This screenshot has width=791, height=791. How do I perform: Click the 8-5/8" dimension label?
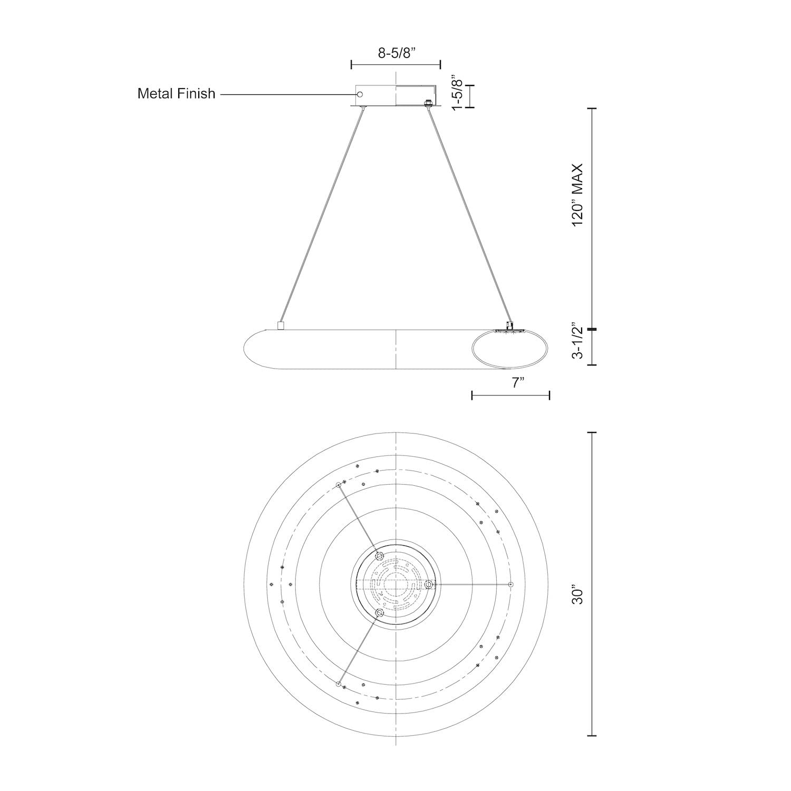click(x=395, y=53)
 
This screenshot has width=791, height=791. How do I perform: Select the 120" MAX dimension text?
click(x=578, y=195)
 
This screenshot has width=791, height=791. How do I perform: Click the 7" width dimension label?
click(x=517, y=383)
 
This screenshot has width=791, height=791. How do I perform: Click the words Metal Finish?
click(x=176, y=94)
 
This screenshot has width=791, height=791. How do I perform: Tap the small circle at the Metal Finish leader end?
click(x=360, y=94)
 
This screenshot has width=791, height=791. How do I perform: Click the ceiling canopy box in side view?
click(x=395, y=95)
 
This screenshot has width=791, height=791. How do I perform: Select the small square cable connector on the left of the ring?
click(x=281, y=325)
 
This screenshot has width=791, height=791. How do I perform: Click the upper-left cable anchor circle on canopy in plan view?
click(x=379, y=556)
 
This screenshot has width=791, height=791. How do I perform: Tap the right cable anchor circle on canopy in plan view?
click(x=429, y=584)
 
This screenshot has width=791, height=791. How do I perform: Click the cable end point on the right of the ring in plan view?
click(x=510, y=584)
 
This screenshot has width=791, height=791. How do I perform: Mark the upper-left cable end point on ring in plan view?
click(x=339, y=485)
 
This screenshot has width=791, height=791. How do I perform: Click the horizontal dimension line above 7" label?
click(x=510, y=395)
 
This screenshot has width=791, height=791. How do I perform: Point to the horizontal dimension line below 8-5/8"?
click(x=395, y=64)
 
